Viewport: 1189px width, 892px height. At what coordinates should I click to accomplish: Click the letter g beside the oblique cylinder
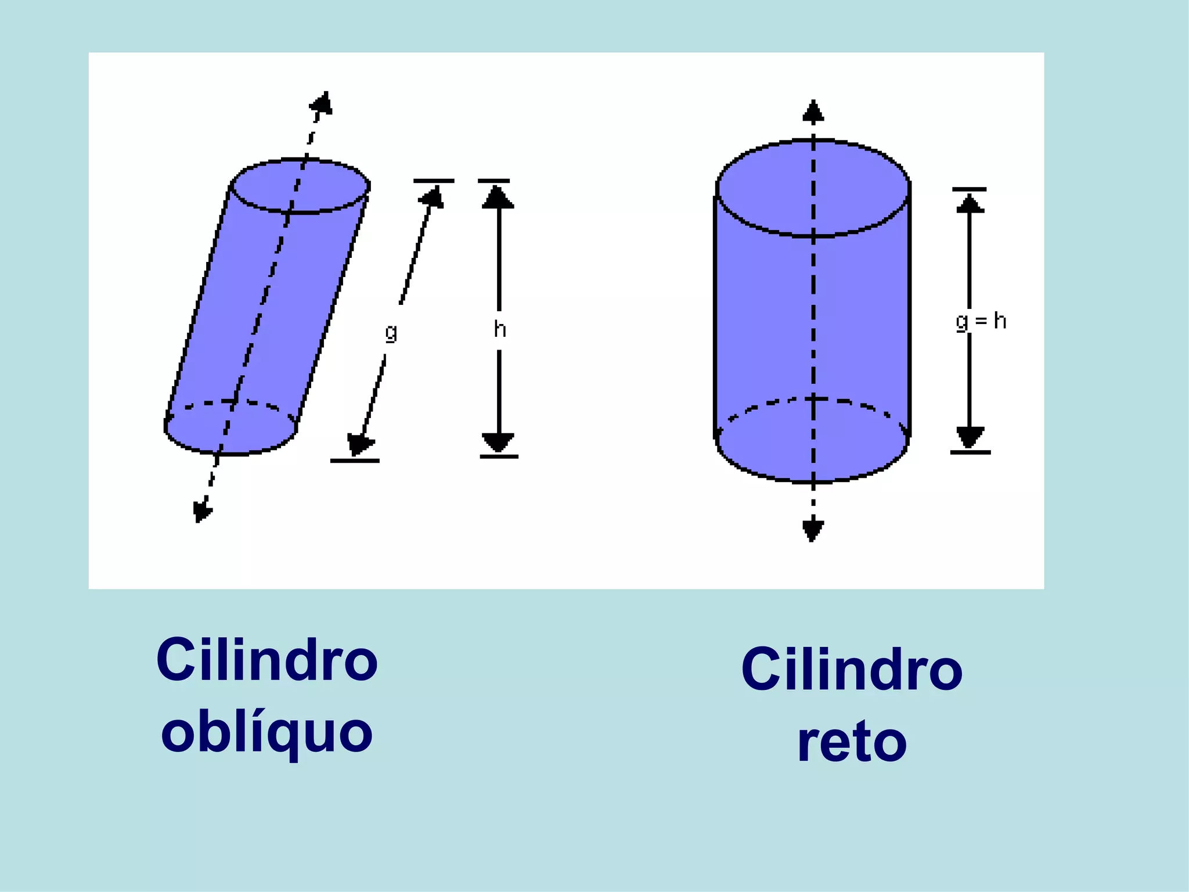pos(391,332)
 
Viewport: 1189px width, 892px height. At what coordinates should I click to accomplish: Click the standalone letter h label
pos(499,329)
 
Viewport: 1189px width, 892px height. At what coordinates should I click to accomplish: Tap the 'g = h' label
pos(981,321)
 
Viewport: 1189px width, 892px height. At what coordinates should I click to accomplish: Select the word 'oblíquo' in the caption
pos(266,733)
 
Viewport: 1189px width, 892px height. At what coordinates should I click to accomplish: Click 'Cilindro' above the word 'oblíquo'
pos(266,660)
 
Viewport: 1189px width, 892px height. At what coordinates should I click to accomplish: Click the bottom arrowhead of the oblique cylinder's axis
pos(201,510)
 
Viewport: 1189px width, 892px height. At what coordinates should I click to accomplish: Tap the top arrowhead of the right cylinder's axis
pos(813,111)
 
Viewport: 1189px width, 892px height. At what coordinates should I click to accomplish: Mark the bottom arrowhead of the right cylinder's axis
pos(813,530)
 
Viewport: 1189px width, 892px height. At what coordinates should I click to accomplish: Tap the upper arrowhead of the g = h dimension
pos(970,203)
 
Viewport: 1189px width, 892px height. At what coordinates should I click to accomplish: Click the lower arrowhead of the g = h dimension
pos(970,436)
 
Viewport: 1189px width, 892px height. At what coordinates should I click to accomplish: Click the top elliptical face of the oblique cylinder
pos(300,186)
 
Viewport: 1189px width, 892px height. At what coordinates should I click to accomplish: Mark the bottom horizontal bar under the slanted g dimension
pos(355,461)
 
